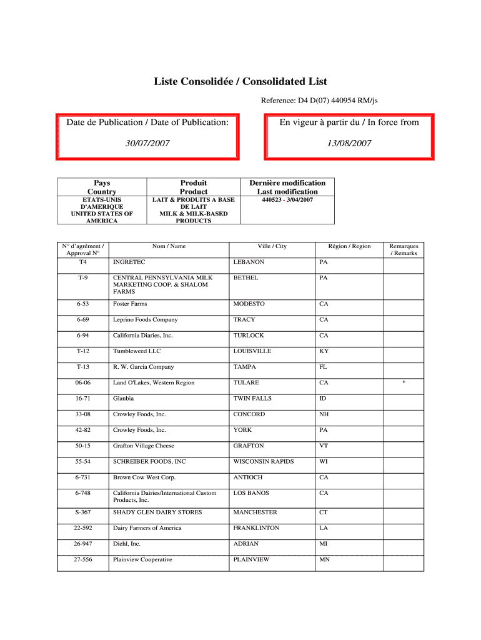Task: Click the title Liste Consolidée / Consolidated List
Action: click(x=241, y=82)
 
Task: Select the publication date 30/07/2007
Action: click(x=147, y=143)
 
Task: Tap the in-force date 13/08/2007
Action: click(x=349, y=143)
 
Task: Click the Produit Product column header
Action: click(x=193, y=187)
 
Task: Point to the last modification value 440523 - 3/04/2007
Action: click(x=287, y=200)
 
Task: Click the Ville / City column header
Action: click(x=272, y=246)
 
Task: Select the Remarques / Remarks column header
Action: click(x=404, y=249)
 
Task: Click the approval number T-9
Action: click(x=82, y=277)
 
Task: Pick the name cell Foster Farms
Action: click(x=130, y=304)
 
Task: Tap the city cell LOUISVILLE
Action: click(x=252, y=351)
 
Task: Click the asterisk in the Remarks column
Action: click(x=404, y=383)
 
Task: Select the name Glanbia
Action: click(x=123, y=398)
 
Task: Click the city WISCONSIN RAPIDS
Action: click(x=263, y=461)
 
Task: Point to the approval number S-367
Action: click(x=82, y=512)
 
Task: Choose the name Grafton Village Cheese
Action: click(x=143, y=446)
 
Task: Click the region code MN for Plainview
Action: click(x=324, y=559)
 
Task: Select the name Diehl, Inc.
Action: click(x=126, y=544)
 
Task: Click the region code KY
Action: click(x=324, y=351)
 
